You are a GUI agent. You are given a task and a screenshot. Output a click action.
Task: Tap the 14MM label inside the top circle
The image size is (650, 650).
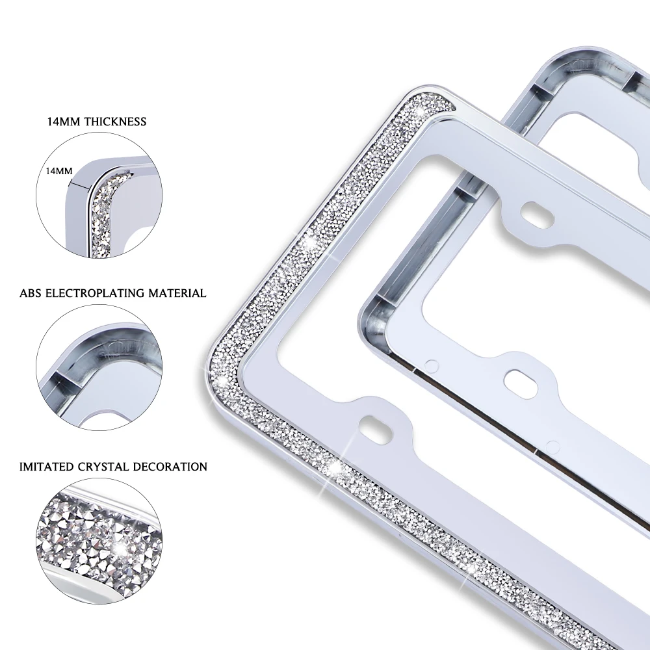point(59,170)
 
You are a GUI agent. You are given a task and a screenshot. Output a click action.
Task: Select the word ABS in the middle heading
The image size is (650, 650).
point(31,293)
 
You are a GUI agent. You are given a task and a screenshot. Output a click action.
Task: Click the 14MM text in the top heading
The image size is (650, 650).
point(63,122)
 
